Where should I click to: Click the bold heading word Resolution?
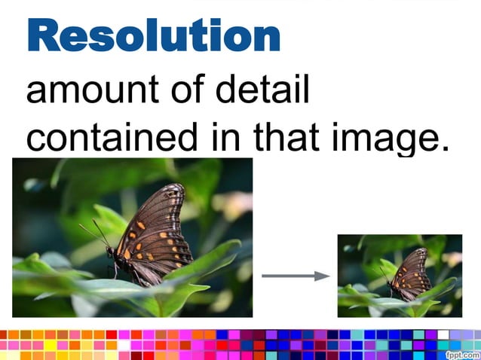click(154, 36)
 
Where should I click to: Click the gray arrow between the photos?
click(295, 276)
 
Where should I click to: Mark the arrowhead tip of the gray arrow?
click(329, 276)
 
